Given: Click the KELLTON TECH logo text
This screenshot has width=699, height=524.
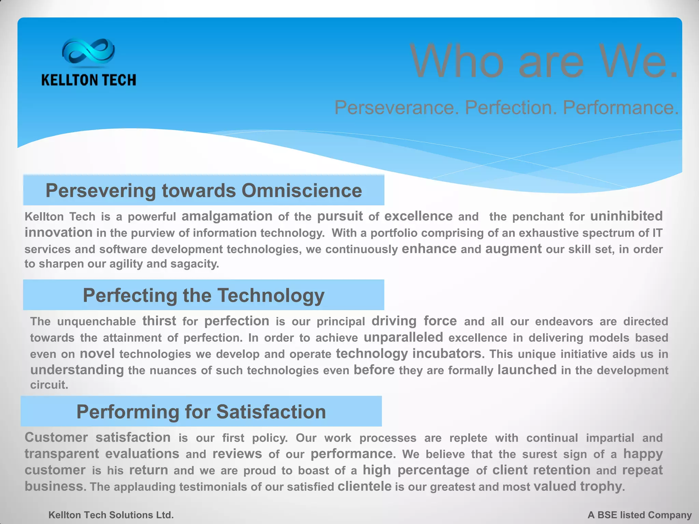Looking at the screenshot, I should pyautogui.click(x=89, y=80).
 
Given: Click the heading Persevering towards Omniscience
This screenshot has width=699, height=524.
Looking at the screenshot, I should pyautogui.click(x=204, y=190).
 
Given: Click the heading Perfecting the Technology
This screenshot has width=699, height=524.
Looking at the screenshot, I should pyautogui.click(x=204, y=295).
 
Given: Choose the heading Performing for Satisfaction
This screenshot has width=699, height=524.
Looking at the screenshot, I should pyautogui.click(x=201, y=411).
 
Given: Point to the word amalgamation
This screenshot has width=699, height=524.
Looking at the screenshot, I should pyautogui.click(x=227, y=216).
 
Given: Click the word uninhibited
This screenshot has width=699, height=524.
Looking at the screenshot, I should pyautogui.click(x=626, y=216).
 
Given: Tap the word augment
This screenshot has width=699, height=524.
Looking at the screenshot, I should pyautogui.click(x=513, y=249).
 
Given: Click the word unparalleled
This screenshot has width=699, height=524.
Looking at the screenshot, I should pyautogui.click(x=403, y=337).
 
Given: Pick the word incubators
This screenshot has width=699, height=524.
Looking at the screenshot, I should pyautogui.click(x=448, y=353).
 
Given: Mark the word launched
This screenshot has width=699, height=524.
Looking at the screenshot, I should pyautogui.click(x=527, y=370).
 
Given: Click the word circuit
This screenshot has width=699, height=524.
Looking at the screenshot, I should pyautogui.click(x=49, y=385).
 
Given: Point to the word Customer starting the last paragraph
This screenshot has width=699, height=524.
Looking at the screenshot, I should pyautogui.click(x=56, y=437).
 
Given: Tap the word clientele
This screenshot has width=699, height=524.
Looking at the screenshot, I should pyautogui.click(x=364, y=486).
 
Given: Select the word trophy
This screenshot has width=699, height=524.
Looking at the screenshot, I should pyautogui.click(x=602, y=486).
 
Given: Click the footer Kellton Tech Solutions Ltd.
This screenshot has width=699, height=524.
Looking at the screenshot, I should pyautogui.click(x=111, y=515).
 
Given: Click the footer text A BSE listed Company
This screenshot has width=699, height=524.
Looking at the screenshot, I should pyautogui.click(x=639, y=515).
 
